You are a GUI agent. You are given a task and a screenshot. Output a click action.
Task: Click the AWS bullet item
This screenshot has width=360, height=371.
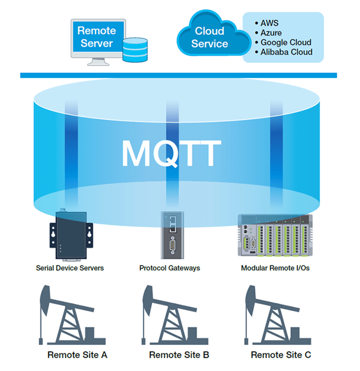point(269,23)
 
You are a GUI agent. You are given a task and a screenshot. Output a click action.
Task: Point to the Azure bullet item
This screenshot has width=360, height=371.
point(271,33)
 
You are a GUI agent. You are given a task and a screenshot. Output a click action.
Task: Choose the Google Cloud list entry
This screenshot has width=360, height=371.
point(285,42)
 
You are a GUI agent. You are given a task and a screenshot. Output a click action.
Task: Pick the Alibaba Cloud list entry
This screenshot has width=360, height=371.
point(286,52)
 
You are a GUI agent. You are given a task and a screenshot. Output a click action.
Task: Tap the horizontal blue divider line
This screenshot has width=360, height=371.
point(178,75)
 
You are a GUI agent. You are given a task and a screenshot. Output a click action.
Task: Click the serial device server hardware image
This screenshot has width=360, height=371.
point(71,236)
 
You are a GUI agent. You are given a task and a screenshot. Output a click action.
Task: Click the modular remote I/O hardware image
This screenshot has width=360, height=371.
point(275,236)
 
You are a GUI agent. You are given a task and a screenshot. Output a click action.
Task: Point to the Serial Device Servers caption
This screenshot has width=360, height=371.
point(70,268)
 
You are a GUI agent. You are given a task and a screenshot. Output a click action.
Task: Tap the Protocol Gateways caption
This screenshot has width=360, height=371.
point(169,268)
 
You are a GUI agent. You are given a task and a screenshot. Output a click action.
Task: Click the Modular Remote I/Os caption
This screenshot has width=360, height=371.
point(275,268)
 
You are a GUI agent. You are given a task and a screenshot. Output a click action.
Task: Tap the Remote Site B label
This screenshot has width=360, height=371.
point(179,355)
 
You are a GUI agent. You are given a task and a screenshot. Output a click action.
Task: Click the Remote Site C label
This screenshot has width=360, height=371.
point(281,355)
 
